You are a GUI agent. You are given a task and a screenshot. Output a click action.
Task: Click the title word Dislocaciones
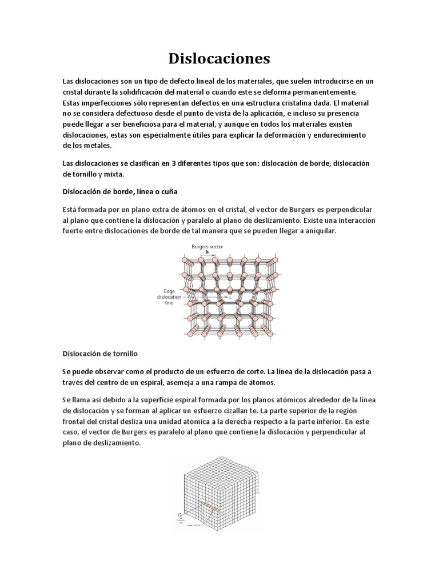(x=219, y=58)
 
